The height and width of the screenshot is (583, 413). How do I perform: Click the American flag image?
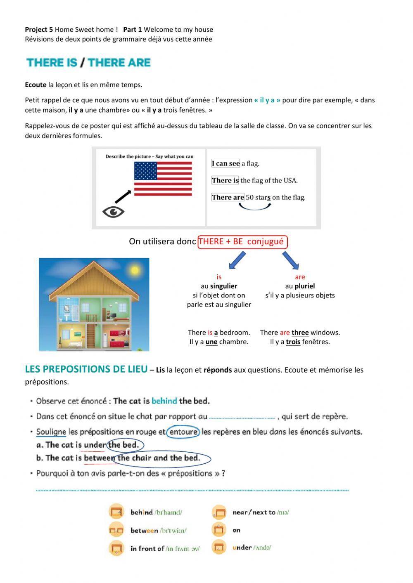coord(163,178)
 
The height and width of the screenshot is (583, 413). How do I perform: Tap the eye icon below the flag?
coord(113,212)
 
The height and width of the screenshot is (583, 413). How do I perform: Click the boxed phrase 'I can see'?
coord(225,163)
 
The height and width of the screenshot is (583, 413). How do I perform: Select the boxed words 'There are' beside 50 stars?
coord(228,197)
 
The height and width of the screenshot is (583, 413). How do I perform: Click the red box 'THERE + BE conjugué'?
coord(242,242)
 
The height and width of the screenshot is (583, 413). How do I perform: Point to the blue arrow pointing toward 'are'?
coord(291,260)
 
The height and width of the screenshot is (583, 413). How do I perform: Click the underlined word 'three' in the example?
coord(300,333)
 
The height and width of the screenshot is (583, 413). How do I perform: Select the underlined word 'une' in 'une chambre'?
coord(211,342)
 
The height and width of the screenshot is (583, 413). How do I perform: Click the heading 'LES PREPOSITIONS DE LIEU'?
coord(86,369)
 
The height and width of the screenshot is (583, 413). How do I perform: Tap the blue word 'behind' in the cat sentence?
coord(164,401)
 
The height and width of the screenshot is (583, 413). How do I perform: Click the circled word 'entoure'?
coord(183,432)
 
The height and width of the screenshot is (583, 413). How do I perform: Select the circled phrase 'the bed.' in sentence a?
coord(124,445)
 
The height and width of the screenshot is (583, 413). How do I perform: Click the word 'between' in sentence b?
coord(99,458)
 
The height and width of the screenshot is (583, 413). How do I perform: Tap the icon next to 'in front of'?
coord(116,548)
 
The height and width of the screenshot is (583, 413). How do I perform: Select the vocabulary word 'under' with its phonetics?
coord(252,548)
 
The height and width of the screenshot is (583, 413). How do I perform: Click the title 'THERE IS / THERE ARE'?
coord(88,63)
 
